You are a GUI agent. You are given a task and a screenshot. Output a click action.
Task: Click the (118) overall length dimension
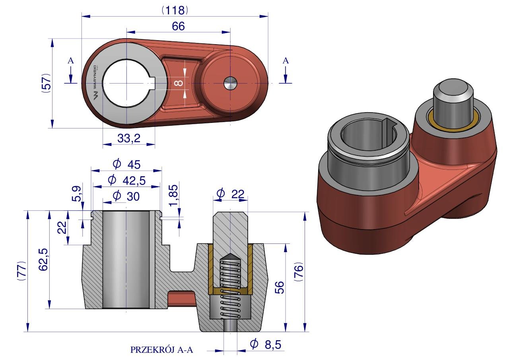175,10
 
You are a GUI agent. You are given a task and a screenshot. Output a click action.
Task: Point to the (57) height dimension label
47,83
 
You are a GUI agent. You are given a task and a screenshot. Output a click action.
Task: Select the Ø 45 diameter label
126,164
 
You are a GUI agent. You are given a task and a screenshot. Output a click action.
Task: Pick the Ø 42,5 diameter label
126,180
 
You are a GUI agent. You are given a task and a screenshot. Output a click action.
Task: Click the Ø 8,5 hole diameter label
266,344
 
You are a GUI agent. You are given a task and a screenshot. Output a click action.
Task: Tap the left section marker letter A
70,61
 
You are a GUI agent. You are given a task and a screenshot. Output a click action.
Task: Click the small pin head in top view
230,84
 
